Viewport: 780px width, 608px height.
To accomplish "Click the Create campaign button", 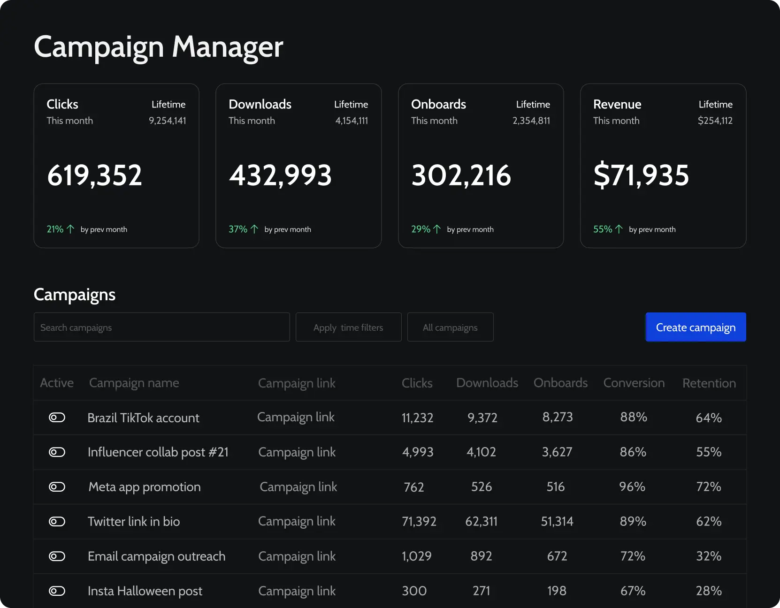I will (696, 327).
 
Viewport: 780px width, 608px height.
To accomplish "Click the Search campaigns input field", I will (161, 327).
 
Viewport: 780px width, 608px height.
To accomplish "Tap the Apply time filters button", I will (348, 327).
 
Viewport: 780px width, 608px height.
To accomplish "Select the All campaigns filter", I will (450, 327).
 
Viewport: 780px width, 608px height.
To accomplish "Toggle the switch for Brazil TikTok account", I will (57, 418).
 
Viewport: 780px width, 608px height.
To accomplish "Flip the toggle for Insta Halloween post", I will (57, 591).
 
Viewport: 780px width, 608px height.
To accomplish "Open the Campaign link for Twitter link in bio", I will (297, 521).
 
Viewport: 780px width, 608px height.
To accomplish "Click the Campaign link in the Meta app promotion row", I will (298, 486).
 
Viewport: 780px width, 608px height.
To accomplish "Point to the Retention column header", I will (709, 383).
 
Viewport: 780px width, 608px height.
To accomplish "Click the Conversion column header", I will (634, 383).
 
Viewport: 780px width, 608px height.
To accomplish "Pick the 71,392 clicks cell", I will (419, 521).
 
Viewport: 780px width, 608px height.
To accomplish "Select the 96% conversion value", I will (632, 486).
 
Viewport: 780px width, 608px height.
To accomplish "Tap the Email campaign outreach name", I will (156, 556).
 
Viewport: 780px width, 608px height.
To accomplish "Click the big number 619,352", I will (94, 175).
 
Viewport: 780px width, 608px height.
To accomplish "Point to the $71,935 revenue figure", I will (641, 175).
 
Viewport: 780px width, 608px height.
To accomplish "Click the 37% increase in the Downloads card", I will (238, 229).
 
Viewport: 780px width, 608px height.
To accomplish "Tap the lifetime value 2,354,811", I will (531, 121).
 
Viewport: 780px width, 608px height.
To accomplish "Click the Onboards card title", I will (438, 104).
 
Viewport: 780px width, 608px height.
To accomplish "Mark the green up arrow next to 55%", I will (619, 229).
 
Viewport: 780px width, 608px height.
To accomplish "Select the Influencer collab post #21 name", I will (158, 452).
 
